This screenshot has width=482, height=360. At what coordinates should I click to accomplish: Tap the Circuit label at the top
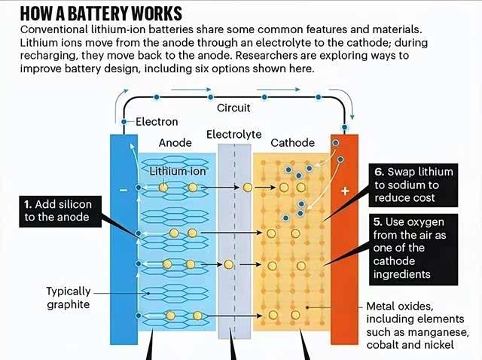tap(233, 108)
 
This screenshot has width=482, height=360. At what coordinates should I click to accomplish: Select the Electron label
tap(157, 121)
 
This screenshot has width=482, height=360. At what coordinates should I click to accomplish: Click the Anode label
tap(175, 143)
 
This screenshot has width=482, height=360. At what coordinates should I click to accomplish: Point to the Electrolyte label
tap(233, 135)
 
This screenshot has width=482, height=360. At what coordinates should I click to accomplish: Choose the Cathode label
tap(292, 143)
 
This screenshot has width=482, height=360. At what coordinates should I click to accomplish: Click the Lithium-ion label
tap(178, 171)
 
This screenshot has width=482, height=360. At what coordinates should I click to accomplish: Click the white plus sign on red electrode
tap(345, 191)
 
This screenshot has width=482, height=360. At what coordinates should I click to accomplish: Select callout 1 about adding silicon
tap(56, 211)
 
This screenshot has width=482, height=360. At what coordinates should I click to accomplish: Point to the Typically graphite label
tap(69, 297)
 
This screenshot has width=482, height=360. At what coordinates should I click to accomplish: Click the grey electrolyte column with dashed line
tap(233, 241)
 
